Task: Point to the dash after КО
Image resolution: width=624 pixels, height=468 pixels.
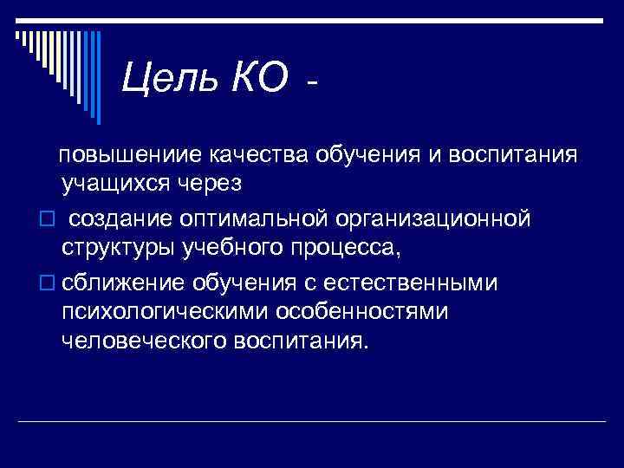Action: (313, 84)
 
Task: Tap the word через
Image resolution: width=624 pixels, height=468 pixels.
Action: (211, 185)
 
